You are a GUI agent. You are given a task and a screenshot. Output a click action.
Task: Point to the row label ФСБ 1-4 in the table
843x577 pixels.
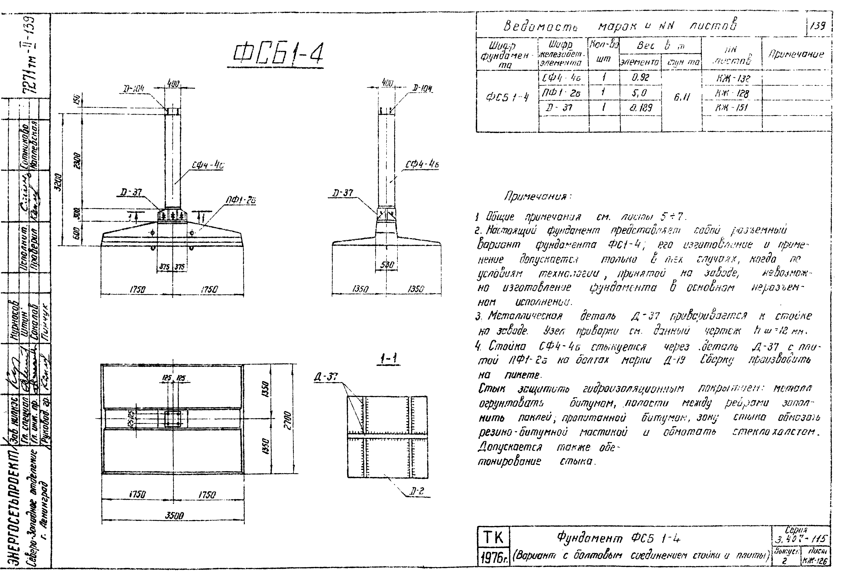point(507,97)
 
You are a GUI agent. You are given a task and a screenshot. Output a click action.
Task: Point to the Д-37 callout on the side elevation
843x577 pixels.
point(343,193)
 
